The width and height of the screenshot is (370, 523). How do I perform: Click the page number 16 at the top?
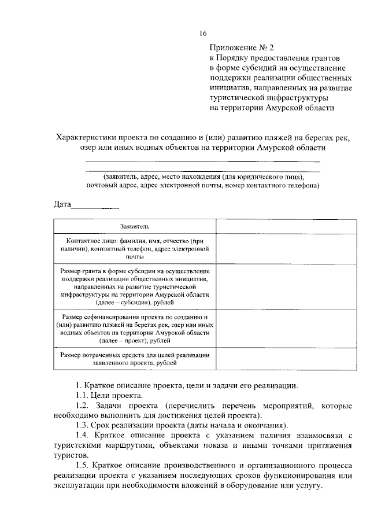click(203, 33)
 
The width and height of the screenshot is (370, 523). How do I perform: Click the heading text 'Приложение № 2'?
click(238, 48)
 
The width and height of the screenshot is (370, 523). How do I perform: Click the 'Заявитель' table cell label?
click(135, 226)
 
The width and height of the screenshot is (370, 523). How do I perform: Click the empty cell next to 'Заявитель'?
click(266, 226)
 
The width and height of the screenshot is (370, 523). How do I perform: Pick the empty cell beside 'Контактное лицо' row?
click(266, 248)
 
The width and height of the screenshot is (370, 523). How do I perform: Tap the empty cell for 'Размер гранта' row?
click(266, 286)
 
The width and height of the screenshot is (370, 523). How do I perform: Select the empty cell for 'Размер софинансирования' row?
click(266, 329)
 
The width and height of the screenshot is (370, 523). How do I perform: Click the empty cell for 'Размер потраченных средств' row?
click(266, 359)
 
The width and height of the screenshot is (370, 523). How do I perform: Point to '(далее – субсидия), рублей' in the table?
click(135, 302)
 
